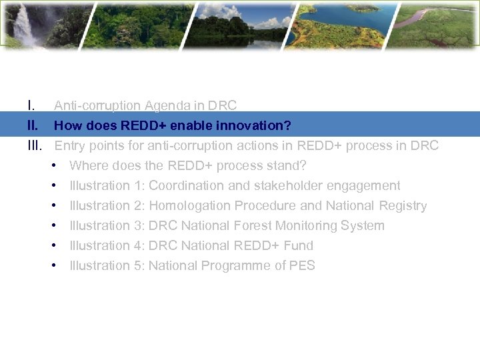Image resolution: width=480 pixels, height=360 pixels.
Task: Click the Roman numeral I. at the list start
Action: point(31,105)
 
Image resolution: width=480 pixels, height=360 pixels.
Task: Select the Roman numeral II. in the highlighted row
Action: point(33,125)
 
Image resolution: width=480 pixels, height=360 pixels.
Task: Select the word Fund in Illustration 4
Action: point(298,245)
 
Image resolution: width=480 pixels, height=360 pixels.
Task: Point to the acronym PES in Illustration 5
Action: point(302,265)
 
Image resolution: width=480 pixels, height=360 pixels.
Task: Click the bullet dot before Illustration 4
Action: point(53,245)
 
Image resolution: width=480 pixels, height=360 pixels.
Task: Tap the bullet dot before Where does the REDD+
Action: point(53,165)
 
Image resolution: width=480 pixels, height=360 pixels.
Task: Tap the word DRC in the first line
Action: point(222,105)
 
